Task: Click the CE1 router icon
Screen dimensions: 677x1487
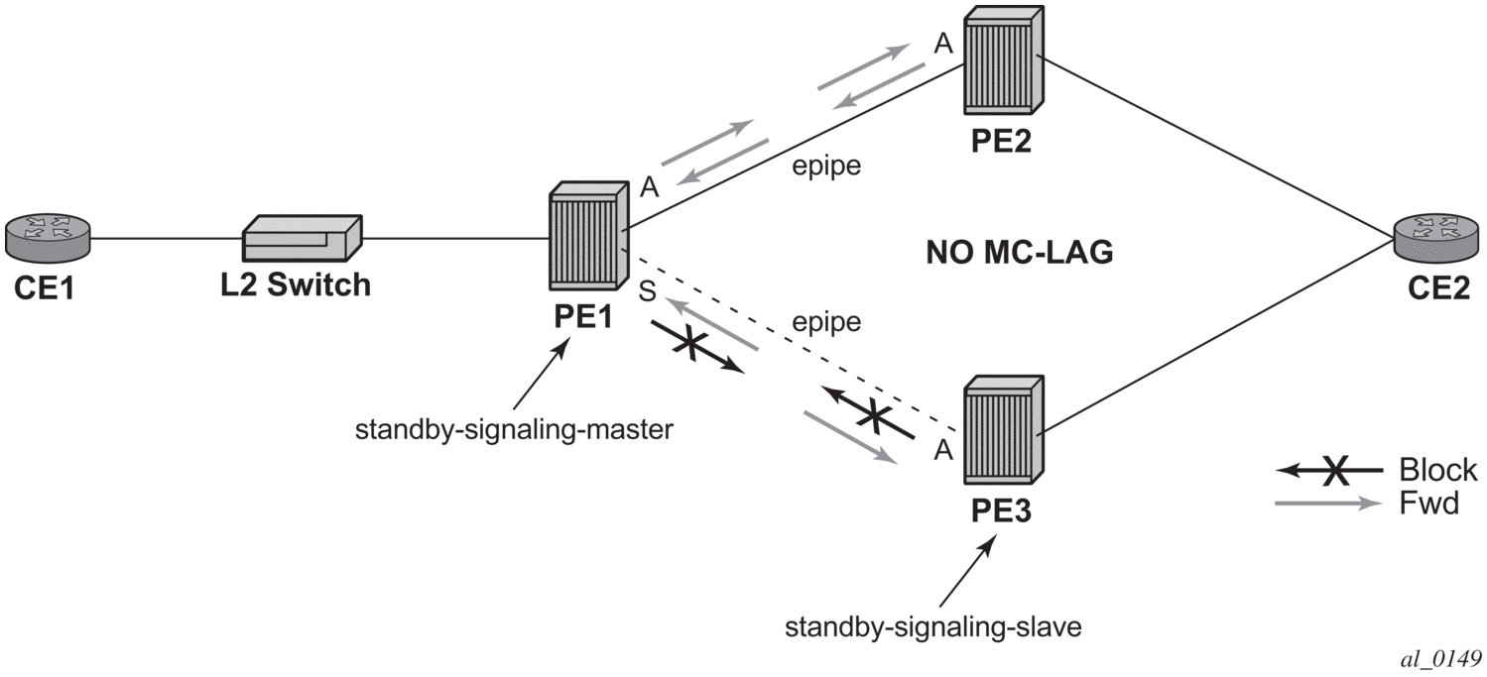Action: (x=48, y=237)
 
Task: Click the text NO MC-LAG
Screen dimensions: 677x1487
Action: (x=1019, y=254)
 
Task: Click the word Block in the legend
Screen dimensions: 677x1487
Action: (x=1437, y=469)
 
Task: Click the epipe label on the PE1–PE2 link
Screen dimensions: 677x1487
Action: (x=827, y=165)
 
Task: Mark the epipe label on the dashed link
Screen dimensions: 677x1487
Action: (x=827, y=322)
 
